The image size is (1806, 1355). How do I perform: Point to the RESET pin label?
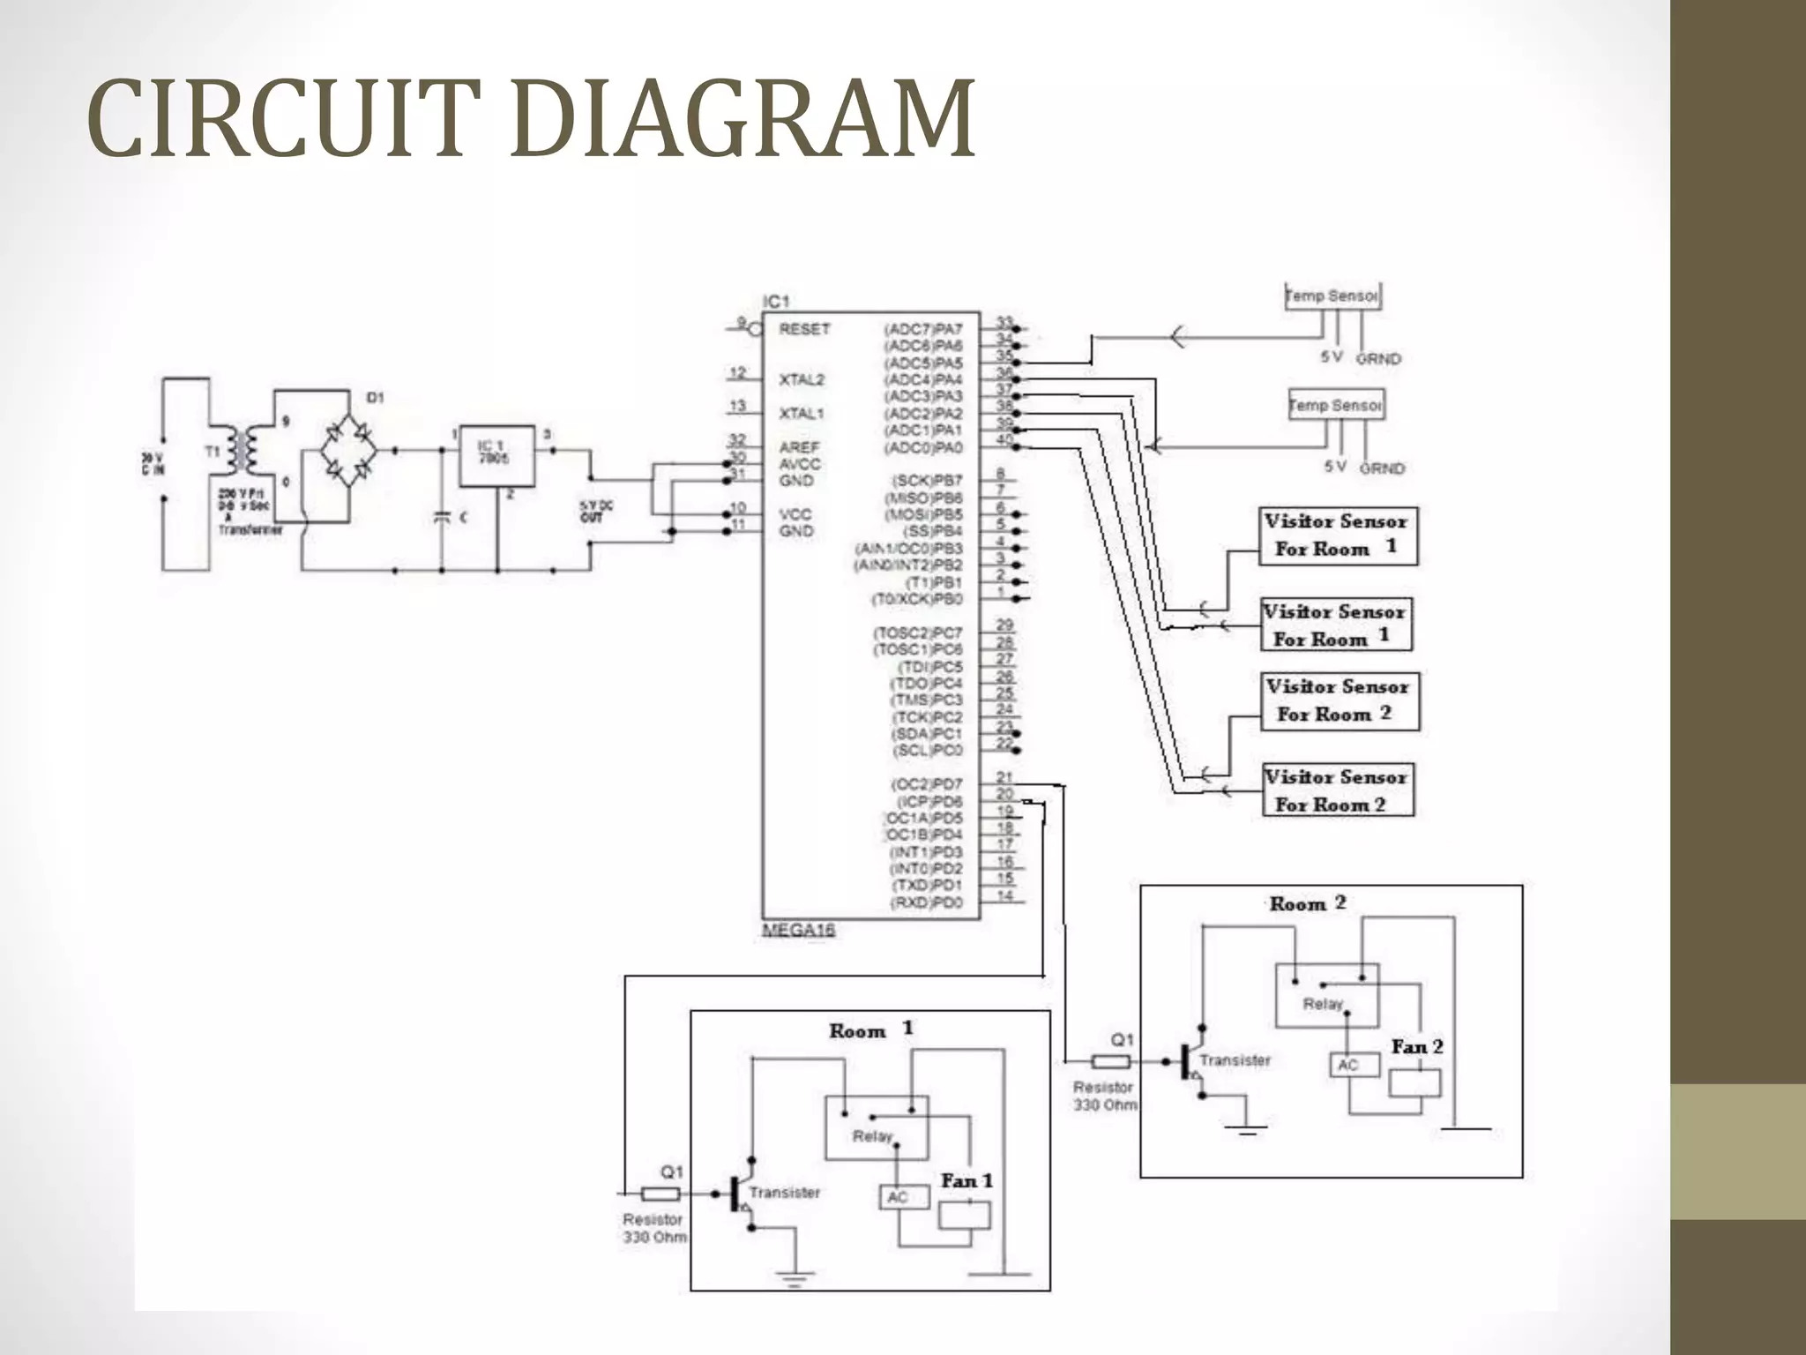coord(803,329)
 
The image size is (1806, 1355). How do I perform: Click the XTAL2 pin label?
coord(801,379)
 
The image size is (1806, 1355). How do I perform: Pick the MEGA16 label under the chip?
coord(798,932)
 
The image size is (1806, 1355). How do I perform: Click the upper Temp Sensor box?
coord(1332,296)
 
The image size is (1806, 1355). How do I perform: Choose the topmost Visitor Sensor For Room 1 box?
coord(1337,535)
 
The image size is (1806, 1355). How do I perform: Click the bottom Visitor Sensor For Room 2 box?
coord(1337,790)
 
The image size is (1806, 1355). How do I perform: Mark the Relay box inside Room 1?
coord(875,1127)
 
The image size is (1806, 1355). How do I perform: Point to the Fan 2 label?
coord(1417,1047)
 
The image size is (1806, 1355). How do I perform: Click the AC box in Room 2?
coord(1347,1066)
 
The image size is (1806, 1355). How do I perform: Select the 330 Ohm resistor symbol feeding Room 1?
coord(660,1194)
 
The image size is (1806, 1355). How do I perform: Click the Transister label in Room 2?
coord(1235,1060)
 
